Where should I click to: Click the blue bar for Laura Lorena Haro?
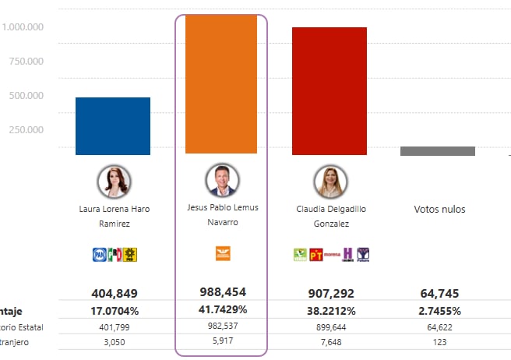coord(113,125)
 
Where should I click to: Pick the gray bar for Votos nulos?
coord(437,151)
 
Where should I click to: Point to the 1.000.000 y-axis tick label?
coord(23,27)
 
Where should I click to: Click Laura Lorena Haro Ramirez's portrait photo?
coord(114,182)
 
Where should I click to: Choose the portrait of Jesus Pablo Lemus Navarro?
coord(221,181)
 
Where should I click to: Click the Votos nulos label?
coord(439,210)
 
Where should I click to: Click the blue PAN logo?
coord(99,253)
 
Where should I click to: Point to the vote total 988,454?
coord(223,293)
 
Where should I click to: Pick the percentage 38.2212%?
coord(330,309)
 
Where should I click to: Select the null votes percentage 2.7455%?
coord(439,309)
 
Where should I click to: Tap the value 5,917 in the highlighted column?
coord(223,341)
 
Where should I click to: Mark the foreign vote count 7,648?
coord(330,341)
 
